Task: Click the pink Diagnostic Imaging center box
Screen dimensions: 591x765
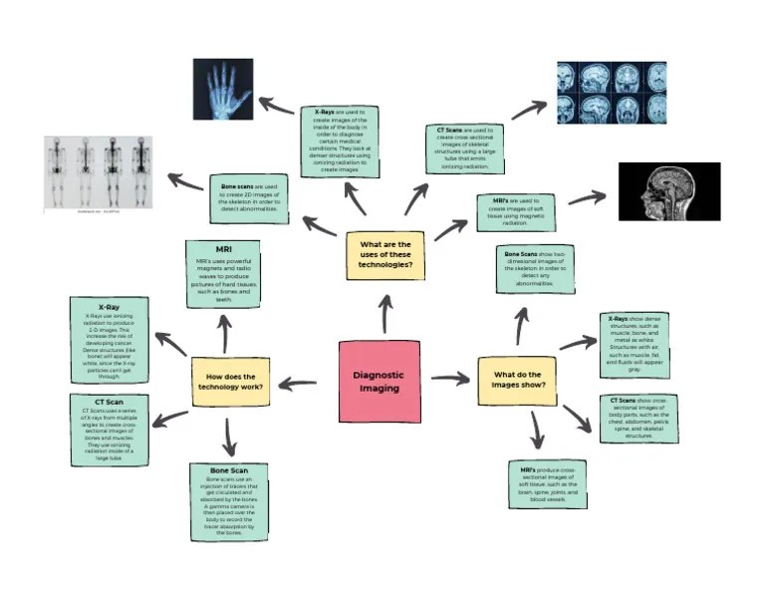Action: pos(380,382)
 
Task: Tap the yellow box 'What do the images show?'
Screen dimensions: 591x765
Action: pos(517,381)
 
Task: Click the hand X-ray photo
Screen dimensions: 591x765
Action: pos(222,89)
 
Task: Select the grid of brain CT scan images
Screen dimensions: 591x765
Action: pos(611,93)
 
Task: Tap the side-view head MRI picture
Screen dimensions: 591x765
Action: pos(668,191)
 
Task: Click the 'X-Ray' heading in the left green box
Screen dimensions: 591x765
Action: pos(110,306)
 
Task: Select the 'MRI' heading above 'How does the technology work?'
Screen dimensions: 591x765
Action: pos(222,248)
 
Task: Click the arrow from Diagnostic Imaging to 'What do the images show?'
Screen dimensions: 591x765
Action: pos(449,379)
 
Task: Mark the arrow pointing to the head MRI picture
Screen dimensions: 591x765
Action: pos(587,197)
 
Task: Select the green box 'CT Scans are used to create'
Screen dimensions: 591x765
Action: pos(465,148)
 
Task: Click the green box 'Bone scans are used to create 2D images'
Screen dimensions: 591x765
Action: pos(250,194)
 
